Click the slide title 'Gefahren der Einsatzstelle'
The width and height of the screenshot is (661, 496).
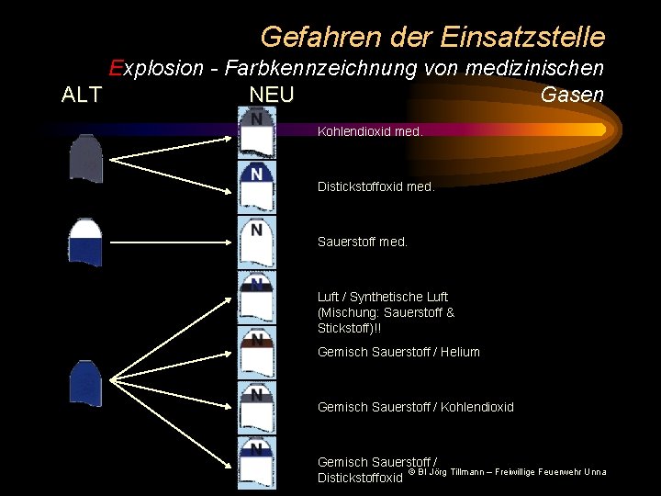[432, 37]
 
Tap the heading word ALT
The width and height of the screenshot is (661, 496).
[81, 95]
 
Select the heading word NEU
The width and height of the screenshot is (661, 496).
[271, 95]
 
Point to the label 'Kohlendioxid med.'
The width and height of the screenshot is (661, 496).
[370, 131]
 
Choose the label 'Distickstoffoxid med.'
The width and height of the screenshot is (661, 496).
[375, 186]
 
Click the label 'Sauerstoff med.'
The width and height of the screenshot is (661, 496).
[362, 242]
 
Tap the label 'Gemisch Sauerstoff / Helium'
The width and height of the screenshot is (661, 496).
[398, 352]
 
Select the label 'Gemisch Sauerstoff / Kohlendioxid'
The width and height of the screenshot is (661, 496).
[415, 407]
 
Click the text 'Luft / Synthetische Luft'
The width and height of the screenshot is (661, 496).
[383, 297]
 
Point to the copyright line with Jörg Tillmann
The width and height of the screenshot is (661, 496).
[507, 472]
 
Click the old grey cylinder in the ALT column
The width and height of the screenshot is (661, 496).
[85, 158]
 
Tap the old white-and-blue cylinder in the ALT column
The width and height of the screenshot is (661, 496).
[85, 242]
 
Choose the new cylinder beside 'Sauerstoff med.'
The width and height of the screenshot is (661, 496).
[256, 242]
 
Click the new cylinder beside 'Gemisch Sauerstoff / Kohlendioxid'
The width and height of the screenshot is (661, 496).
[256, 407]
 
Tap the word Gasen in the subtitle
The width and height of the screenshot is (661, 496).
[572, 95]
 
